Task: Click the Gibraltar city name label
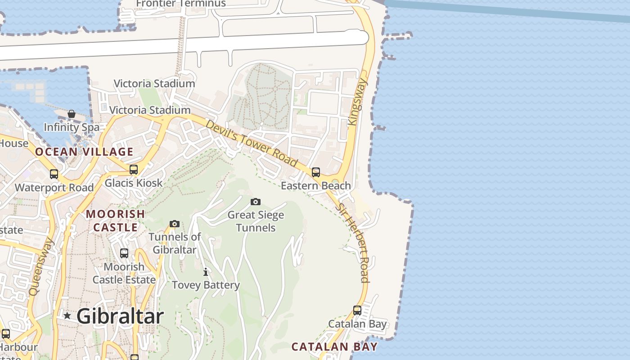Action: pyautogui.click(x=120, y=316)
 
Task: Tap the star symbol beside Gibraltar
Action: pyautogui.click(x=67, y=316)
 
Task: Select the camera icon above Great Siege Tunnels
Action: pyautogui.click(x=256, y=202)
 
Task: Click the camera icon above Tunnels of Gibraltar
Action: pyautogui.click(x=175, y=224)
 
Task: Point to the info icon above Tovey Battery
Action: pyautogui.click(x=206, y=272)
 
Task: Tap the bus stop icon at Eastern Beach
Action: pyautogui.click(x=316, y=172)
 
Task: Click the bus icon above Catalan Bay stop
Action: pyautogui.click(x=357, y=310)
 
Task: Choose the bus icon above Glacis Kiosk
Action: pyautogui.click(x=134, y=170)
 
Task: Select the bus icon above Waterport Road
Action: pyautogui.click(x=54, y=174)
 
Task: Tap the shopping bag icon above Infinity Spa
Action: pyautogui.click(x=72, y=114)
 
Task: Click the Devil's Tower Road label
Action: pyautogui.click(x=252, y=143)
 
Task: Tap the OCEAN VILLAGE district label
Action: pyautogui.click(x=84, y=152)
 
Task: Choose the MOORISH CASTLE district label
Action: pyautogui.click(x=115, y=220)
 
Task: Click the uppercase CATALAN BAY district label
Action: pyautogui.click(x=334, y=346)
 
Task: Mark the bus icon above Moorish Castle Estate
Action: pyautogui.click(x=124, y=253)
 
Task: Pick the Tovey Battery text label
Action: pyautogui.click(x=206, y=285)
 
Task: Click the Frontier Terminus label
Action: pyautogui.click(x=180, y=4)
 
